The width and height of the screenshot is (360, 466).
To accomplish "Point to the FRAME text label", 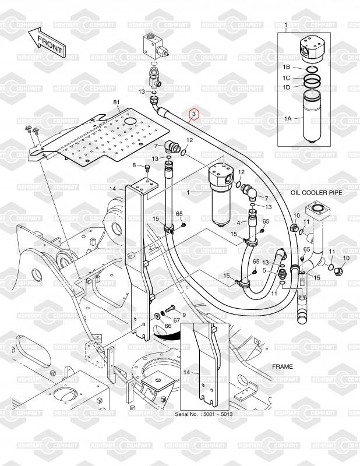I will click(x=283, y=367).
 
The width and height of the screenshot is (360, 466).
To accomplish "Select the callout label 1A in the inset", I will click(x=287, y=118).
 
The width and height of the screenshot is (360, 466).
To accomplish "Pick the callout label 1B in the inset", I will click(x=287, y=68).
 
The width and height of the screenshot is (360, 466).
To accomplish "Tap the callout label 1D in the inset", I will click(x=287, y=87).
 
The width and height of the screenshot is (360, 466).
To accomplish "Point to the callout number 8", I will click(x=133, y=166).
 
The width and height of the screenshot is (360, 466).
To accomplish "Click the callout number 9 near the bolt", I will click(x=184, y=315).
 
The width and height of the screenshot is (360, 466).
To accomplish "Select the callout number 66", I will click(x=168, y=326).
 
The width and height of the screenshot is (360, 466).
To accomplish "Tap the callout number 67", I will click(x=177, y=320).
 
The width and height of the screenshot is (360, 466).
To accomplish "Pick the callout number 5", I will click(x=264, y=270).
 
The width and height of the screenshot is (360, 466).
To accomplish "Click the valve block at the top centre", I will click(x=154, y=45).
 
